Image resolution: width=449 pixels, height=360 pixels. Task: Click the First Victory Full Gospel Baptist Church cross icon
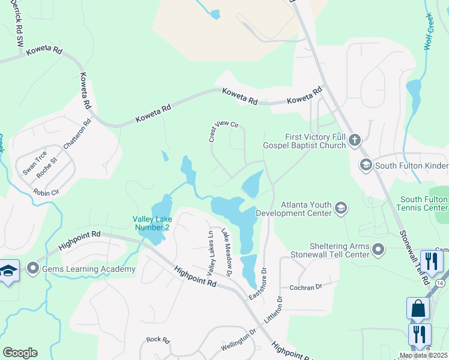coord(354,141)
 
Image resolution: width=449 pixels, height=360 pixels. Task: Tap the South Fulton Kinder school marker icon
coord(364,164)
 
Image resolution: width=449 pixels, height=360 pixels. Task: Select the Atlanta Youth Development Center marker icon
coord(341,208)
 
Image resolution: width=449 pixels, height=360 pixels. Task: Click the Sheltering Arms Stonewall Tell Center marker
coord(378,248)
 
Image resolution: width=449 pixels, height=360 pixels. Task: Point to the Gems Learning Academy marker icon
coord(32,268)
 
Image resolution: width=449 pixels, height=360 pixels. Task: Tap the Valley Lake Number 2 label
coord(151,223)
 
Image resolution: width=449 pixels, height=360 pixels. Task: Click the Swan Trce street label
coord(35,163)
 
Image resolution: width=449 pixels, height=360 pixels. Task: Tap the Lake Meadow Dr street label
coord(226,253)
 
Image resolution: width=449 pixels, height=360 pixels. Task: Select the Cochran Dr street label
coord(306,287)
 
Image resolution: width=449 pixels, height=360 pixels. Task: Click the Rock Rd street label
coord(158,340)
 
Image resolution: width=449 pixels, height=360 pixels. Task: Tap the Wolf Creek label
coord(429,31)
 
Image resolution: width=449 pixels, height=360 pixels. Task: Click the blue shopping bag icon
coord(418,308)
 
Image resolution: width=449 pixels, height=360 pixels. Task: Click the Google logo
coord(20,353)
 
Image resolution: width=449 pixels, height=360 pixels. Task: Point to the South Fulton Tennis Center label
coord(424,203)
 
